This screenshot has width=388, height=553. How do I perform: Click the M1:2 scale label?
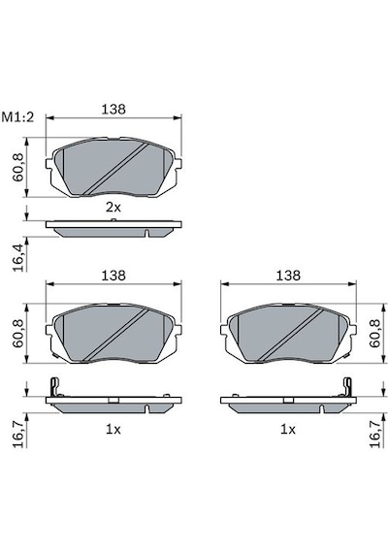pos(17,117)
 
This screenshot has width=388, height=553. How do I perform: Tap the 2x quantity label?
pos(113,208)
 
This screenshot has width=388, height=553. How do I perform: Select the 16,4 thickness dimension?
pos(19,258)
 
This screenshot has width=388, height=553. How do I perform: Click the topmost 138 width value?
pos(113,109)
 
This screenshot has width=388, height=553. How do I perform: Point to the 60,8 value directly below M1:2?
pos(18,167)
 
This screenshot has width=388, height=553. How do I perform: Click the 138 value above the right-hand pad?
pos(288,276)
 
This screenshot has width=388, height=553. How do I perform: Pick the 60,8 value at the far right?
pos(375,334)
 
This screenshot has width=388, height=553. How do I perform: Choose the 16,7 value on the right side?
pos(375,435)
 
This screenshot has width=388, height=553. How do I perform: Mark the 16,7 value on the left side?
pos(19,435)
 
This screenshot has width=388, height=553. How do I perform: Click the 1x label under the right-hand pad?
pos(288,430)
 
